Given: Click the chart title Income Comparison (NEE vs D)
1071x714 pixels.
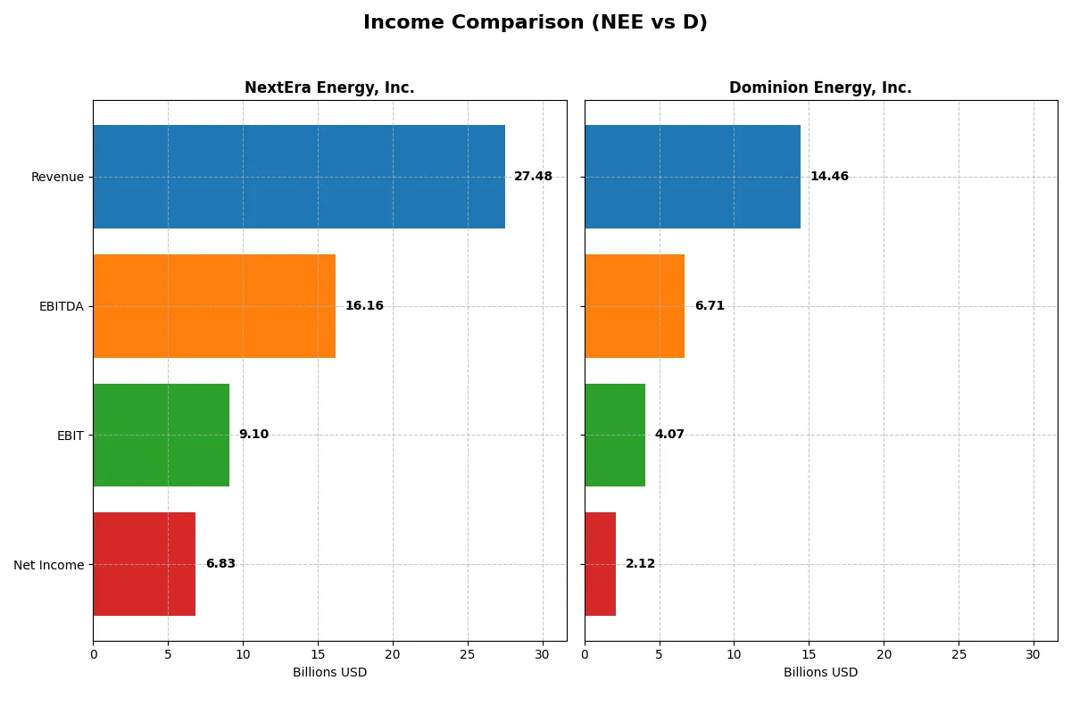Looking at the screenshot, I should [x=535, y=22].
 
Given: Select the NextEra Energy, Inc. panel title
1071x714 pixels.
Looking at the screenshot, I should [x=329, y=87].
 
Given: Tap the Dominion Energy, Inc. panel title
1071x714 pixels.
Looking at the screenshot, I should [x=820, y=87].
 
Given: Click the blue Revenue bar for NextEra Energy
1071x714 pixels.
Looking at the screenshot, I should [x=299, y=177].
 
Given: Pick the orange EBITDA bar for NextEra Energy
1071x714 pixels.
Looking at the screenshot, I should [x=214, y=306].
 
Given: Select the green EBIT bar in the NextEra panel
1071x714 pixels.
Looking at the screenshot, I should [x=161, y=435].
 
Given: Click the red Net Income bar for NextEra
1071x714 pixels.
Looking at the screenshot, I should [x=144, y=564].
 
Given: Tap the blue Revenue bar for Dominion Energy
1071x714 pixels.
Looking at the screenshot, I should [x=693, y=177].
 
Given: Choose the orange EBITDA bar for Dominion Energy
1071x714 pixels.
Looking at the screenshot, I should [x=635, y=306].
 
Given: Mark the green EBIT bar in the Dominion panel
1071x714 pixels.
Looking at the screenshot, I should [x=615, y=435].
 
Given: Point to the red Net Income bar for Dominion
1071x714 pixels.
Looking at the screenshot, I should [x=600, y=564].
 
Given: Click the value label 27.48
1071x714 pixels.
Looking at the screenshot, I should [x=533, y=177].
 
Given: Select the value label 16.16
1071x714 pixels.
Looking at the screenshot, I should [x=364, y=306].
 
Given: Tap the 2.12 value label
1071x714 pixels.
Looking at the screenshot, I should [x=640, y=564].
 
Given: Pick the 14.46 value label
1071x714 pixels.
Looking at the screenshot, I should [x=829, y=177].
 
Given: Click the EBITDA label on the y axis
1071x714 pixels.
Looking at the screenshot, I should [x=62, y=306].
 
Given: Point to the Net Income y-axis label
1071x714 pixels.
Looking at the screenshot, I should [x=49, y=565].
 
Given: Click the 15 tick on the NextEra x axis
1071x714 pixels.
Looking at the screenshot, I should [x=318, y=654].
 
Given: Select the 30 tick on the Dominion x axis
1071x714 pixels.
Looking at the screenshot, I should [x=1034, y=654].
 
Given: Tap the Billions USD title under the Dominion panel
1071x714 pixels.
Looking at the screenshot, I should [x=820, y=673].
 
